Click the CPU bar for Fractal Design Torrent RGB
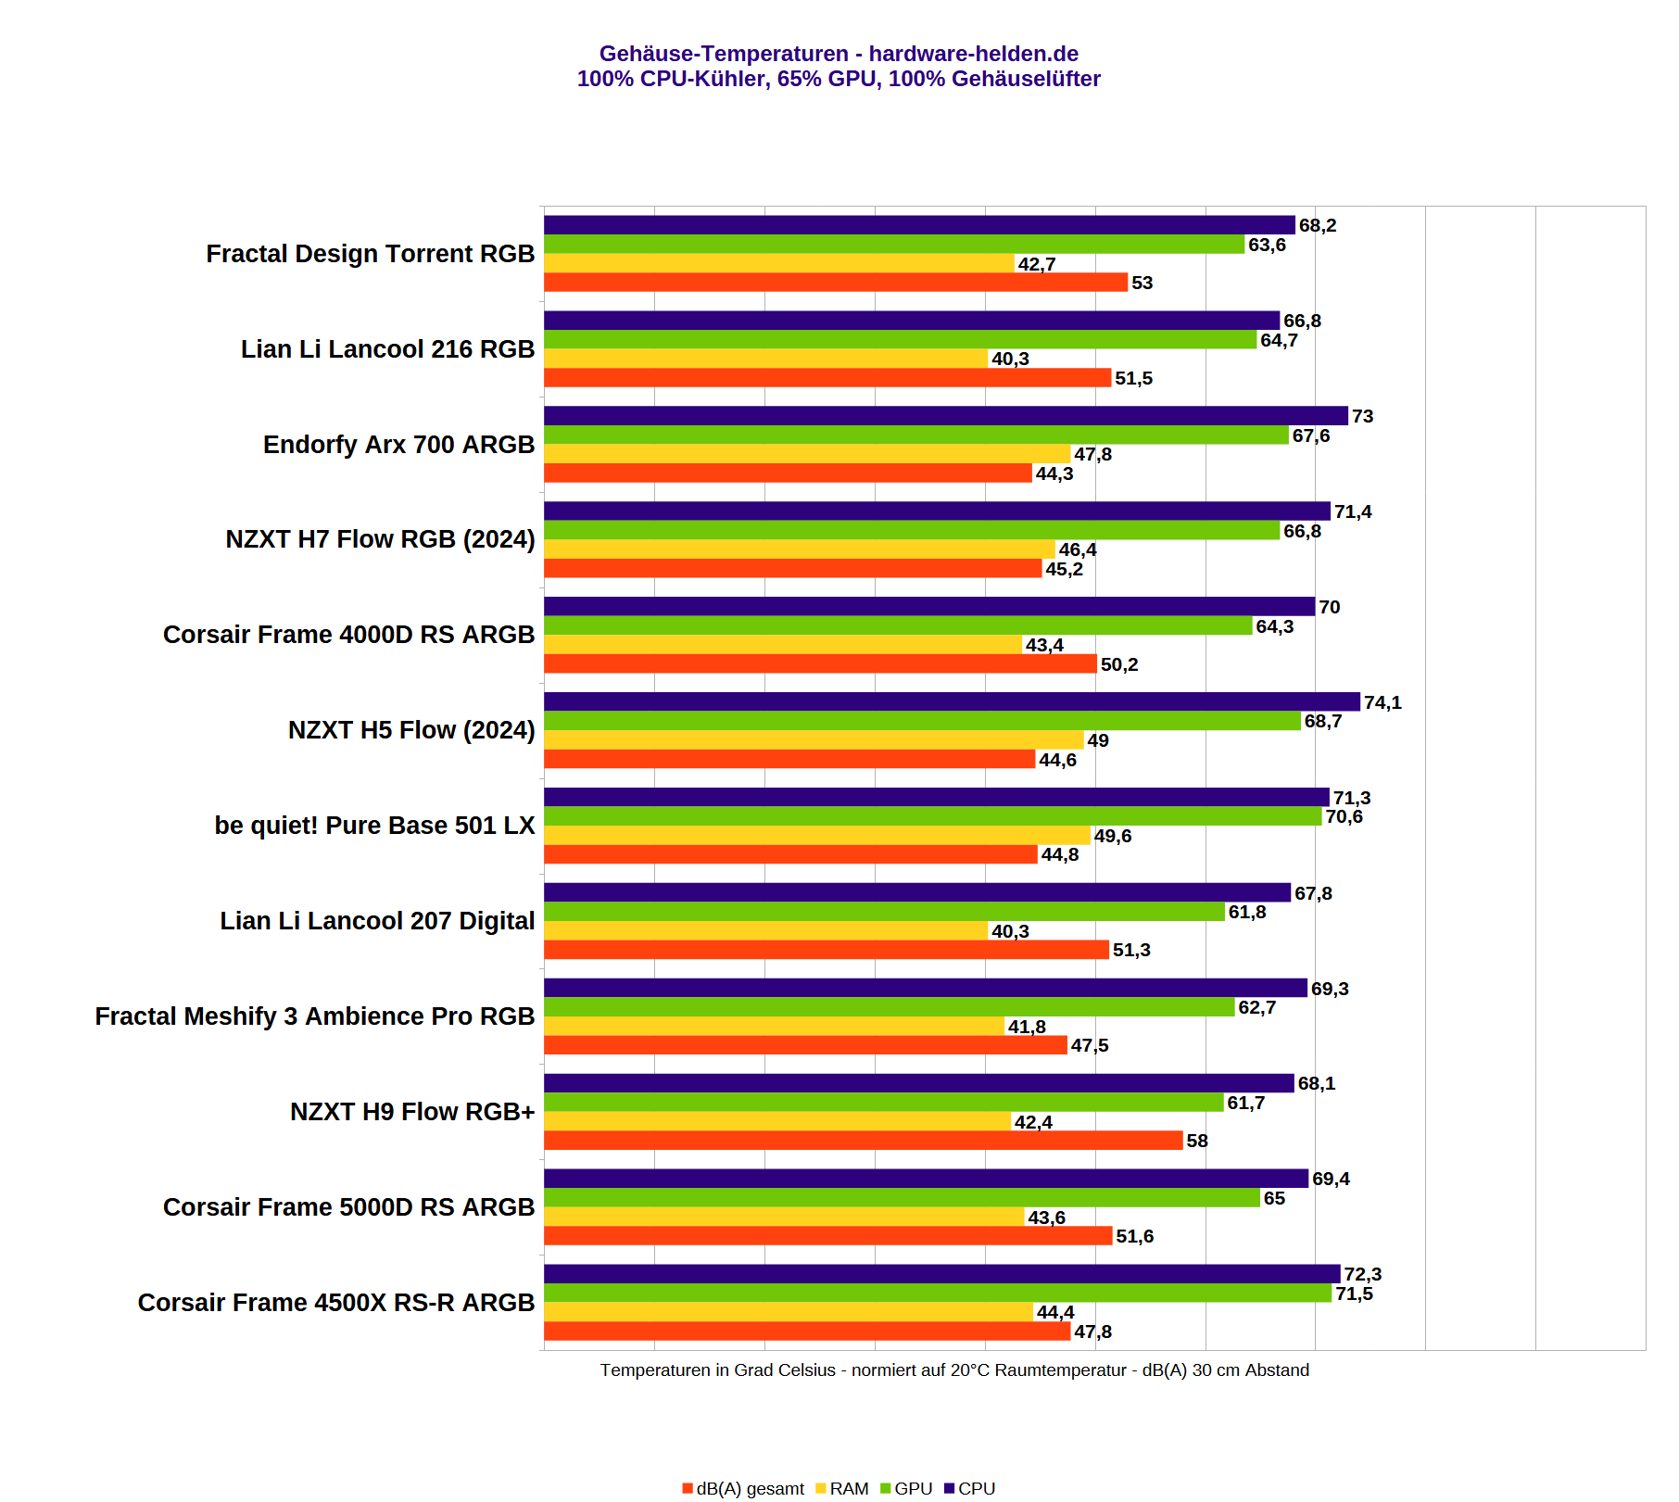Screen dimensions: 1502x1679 coord(919,225)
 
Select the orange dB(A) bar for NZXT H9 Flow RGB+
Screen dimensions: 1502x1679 coord(863,1141)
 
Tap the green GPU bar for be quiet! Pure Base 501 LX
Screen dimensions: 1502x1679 coord(932,816)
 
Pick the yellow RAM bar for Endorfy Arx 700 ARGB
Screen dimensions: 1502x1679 coord(807,454)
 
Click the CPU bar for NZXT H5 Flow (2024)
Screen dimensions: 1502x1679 coord(952,702)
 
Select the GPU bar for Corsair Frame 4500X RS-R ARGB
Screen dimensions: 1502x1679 coord(937,1294)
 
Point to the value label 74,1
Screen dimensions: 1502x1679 coord(1382,702)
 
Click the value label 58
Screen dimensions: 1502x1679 coord(1197,1141)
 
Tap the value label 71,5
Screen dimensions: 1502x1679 coord(1354,1294)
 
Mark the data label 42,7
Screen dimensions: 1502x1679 coord(1036,264)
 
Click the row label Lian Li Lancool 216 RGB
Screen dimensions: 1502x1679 coord(387,349)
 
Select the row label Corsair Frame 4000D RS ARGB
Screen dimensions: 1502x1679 coord(348,635)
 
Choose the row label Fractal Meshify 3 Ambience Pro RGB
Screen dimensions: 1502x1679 coord(314,1016)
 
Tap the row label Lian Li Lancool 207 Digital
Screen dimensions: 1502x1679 coord(377,921)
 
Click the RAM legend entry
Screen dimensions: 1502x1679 coord(842,1488)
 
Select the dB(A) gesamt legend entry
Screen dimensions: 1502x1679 coord(743,1488)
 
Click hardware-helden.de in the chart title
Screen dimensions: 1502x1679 coord(973,54)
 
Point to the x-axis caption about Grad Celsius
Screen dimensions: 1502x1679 coord(954,1370)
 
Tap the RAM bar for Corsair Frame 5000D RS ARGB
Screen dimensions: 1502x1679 coord(784,1218)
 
